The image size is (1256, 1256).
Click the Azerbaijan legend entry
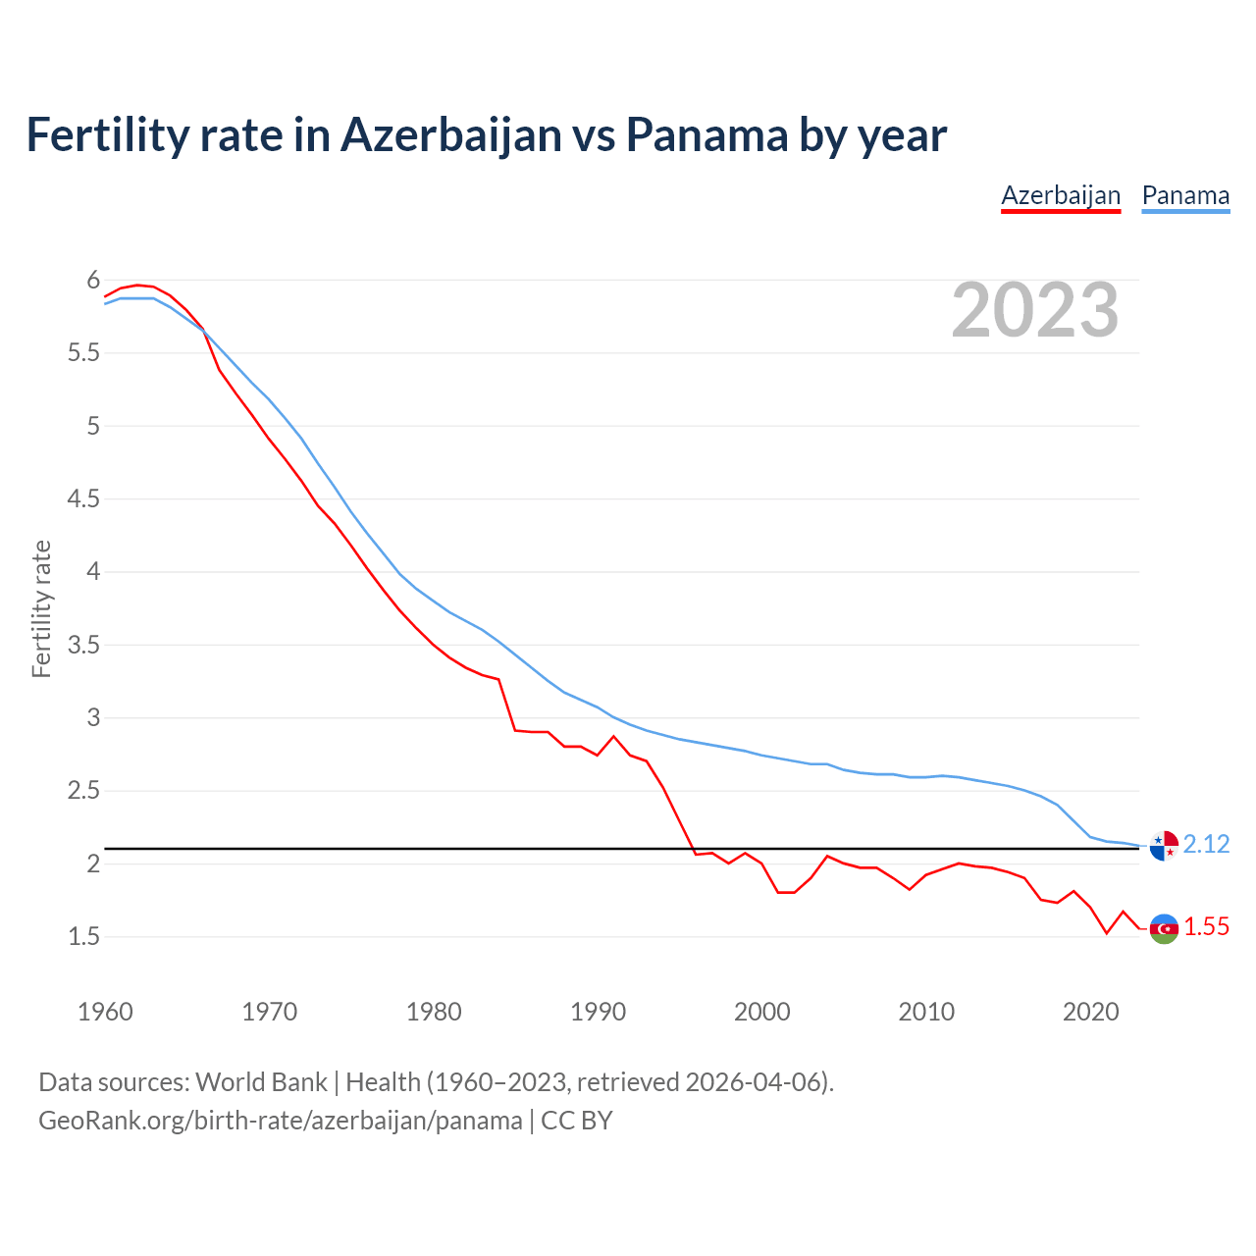pyautogui.click(x=1061, y=195)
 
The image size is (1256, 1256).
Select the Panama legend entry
pyautogui.click(x=1185, y=195)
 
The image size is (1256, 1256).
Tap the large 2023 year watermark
pyautogui.click(x=1035, y=310)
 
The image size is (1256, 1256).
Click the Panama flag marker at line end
pyautogui.click(x=1164, y=845)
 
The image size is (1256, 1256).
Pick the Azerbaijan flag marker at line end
pyautogui.click(x=1164, y=928)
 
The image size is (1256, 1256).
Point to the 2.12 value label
pyautogui.click(x=1206, y=845)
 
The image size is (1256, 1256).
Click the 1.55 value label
pyautogui.click(x=1206, y=927)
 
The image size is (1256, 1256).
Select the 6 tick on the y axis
pyautogui.click(x=94, y=281)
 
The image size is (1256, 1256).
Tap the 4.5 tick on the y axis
pyautogui.click(x=84, y=499)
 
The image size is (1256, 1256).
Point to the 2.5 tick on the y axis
pyautogui.click(x=84, y=791)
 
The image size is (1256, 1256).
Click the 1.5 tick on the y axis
pyautogui.click(x=84, y=937)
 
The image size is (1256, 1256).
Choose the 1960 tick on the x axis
pyautogui.click(x=105, y=1012)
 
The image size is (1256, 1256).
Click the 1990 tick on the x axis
pyautogui.click(x=598, y=1012)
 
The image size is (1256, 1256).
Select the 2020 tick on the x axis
pyautogui.click(x=1090, y=1012)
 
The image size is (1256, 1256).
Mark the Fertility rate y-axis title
pyautogui.click(x=41, y=608)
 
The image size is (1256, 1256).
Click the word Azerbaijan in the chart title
pyautogui.click(x=451, y=135)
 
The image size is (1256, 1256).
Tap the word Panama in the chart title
pyautogui.click(x=706, y=135)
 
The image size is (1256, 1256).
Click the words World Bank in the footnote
pyautogui.click(x=261, y=1082)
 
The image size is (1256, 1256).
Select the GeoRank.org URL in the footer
pyautogui.click(x=280, y=1121)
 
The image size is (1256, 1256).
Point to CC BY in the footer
pyautogui.click(x=577, y=1121)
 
